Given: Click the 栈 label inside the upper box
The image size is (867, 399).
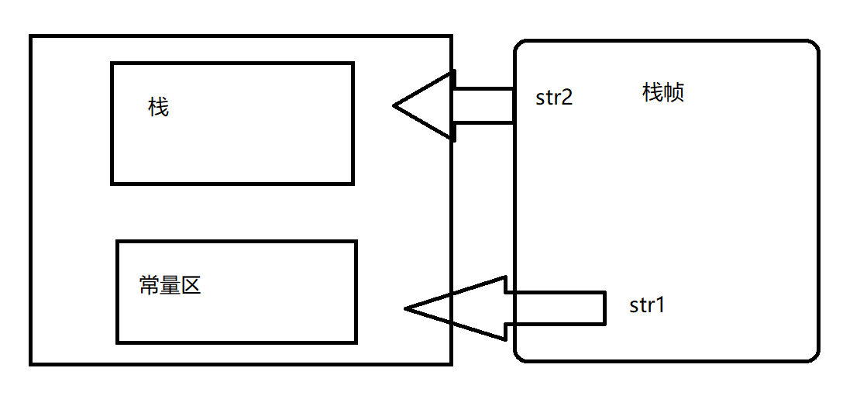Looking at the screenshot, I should [x=158, y=107].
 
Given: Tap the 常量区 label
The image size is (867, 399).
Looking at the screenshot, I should [x=170, y=285].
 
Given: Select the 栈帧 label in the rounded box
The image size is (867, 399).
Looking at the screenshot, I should [x=662, y=93].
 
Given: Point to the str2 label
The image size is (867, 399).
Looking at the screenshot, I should [x=554, y=98].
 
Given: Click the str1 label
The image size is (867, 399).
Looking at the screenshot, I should [x=647, y=305].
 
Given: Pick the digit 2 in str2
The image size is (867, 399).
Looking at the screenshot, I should [x=567, y=98].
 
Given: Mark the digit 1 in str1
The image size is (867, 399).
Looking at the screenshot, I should [x=660, y=305].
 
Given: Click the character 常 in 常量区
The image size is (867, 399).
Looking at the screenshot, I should [x=149, y=285].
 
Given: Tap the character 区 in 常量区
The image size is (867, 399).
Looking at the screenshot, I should [x=191, y=285].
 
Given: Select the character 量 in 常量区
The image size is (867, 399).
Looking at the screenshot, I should [x=170, y=285].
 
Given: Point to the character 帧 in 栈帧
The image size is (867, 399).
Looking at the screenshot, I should [x=673, y=93].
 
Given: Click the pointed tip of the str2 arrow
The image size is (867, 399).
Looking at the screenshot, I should [x=395, y=105].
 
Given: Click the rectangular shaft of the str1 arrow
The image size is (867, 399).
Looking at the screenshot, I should [x=554, y=307].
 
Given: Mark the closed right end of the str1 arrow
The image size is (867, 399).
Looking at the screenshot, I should [x=604, y=307].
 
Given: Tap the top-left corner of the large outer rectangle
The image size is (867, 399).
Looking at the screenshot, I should [x=31, y=36].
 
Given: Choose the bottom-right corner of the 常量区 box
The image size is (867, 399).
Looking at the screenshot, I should [x=355, y=341].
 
